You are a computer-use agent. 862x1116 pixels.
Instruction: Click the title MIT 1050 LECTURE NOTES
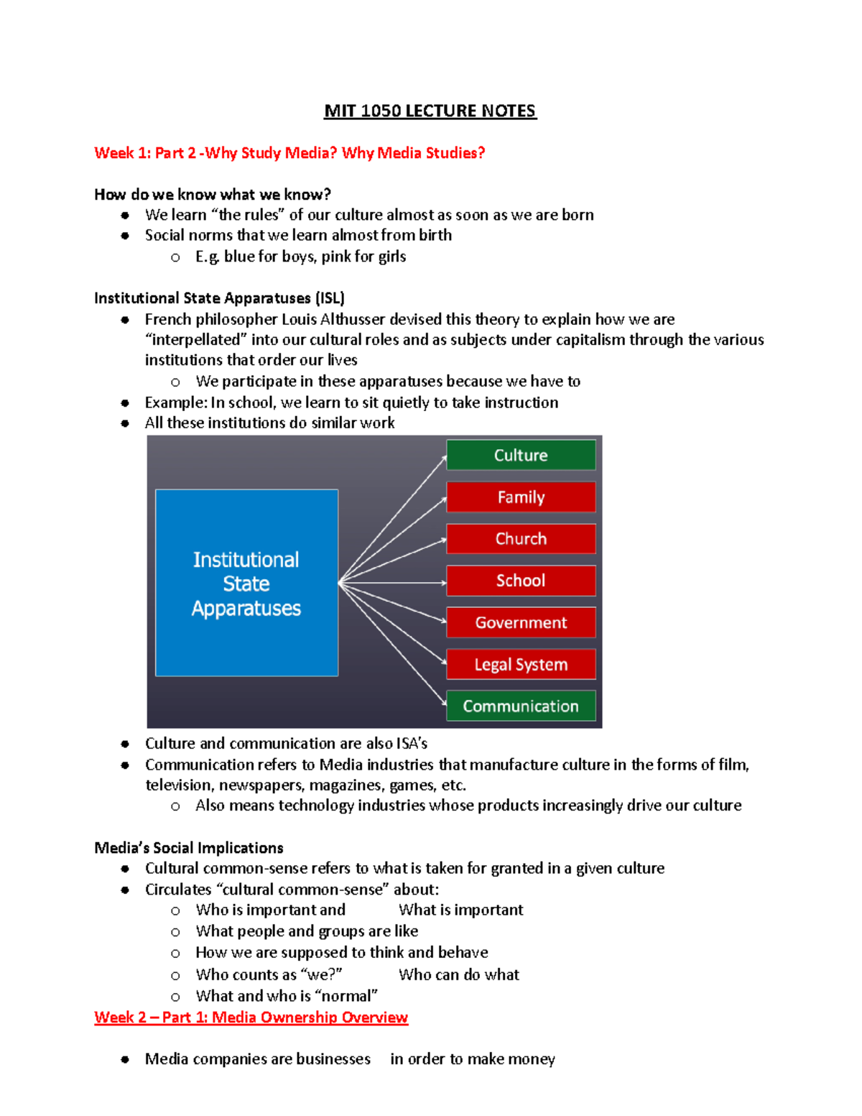[430, 111]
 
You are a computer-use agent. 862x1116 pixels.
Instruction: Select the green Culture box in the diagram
[521, 455]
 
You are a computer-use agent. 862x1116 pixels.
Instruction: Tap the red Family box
[521, 497]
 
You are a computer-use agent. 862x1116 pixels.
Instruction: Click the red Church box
[521, 538]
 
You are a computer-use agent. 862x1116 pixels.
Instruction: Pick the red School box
[521, 581]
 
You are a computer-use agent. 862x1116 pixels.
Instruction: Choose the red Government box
[521, 622]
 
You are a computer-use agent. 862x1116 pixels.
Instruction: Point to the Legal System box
[521, 664]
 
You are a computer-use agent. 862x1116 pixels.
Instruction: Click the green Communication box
[521, 706]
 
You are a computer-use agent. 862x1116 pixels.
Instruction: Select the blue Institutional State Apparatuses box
[246, 583]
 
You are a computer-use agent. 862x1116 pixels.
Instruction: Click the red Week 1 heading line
[289, 153]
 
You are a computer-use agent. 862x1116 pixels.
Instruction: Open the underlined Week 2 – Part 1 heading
[251, 1017]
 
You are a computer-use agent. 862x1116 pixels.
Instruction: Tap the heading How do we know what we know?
[213, 195]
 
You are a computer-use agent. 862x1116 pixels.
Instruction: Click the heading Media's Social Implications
[189, 848]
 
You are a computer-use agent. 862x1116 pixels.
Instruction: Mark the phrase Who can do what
[459, 974]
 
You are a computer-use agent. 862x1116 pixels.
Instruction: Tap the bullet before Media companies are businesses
[125, 1059]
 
